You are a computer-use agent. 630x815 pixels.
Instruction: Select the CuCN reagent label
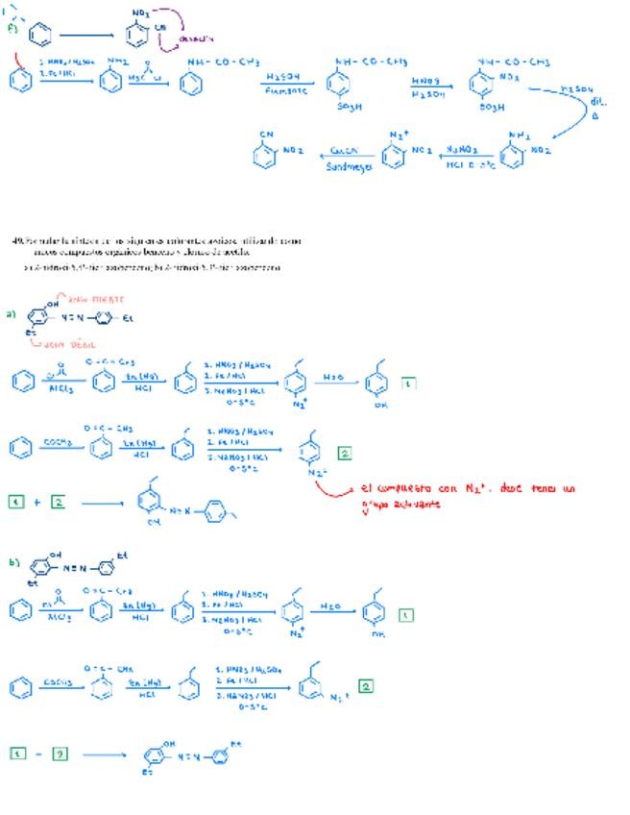344,151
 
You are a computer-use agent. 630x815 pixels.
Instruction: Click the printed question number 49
17,240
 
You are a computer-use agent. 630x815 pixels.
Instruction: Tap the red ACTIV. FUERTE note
98,300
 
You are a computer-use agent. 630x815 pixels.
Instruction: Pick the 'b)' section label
12,562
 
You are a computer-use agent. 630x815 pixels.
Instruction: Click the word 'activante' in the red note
415,504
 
